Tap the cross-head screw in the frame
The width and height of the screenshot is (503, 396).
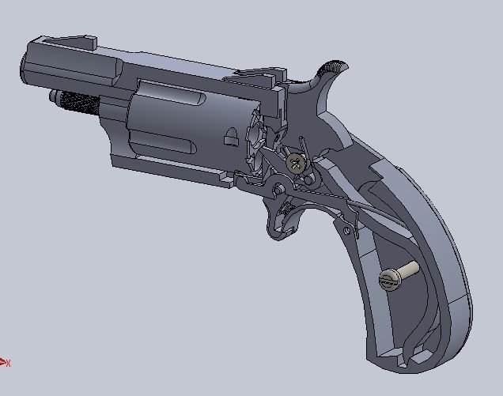(297, 164)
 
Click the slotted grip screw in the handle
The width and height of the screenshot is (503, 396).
(390, 277)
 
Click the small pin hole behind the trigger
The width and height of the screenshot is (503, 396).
(346, 229)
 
